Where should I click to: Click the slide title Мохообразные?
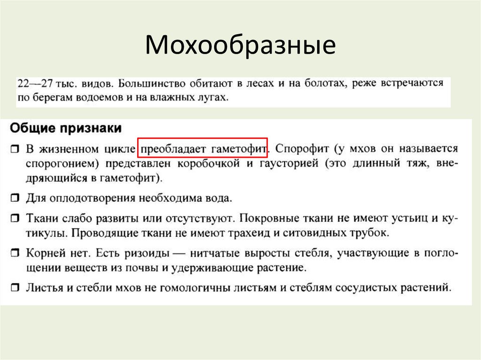click(240, 46)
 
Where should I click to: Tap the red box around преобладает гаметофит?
click(202, 147)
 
